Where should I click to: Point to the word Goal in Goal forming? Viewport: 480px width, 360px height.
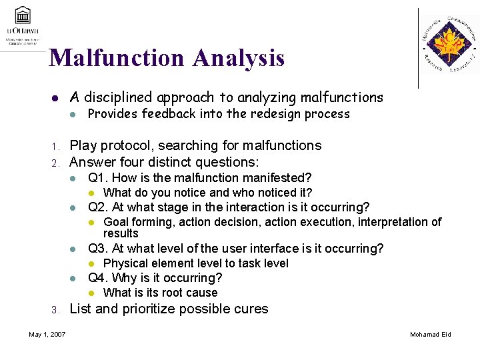pyautogui.click(x=116, y=222)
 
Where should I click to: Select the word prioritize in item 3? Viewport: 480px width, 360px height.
pyautogui.click(x=149, y=309)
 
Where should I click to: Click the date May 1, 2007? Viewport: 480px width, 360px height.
pyautogui.click(x=47, y=334)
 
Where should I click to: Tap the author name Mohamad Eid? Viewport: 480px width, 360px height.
pyautogui.click(x=430, y=334)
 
